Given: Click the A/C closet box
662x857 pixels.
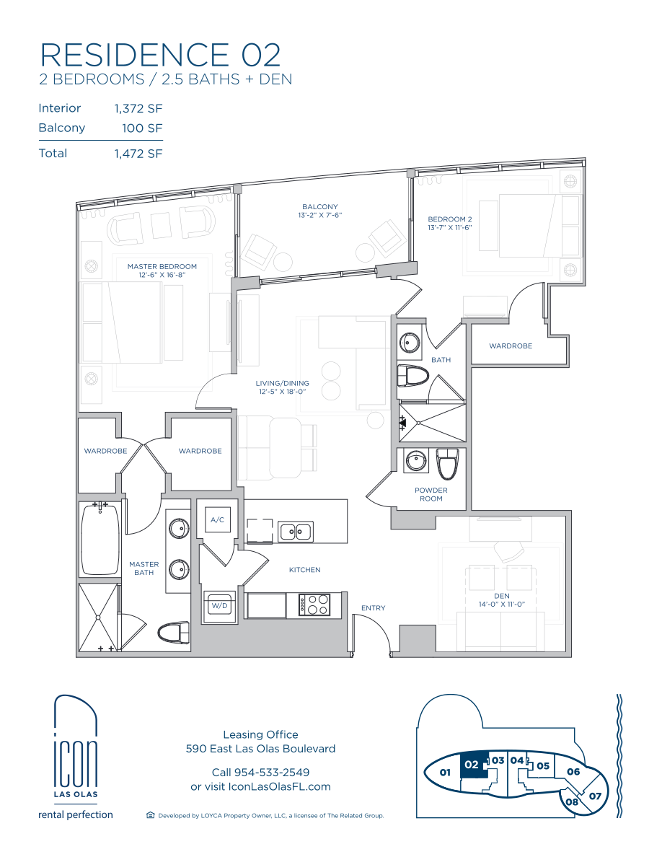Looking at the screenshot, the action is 217,520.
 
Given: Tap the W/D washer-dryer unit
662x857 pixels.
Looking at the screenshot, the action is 219,606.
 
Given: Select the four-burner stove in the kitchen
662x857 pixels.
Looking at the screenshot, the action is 314,605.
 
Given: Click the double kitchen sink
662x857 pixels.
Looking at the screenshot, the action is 296,531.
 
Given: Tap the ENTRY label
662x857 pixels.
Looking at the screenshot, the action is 373,608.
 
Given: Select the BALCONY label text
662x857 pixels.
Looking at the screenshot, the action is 320,206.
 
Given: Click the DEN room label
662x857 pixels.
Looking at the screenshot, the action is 501,596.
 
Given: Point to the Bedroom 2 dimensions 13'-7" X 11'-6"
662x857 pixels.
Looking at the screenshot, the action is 449,227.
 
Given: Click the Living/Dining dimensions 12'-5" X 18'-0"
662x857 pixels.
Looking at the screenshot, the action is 282,391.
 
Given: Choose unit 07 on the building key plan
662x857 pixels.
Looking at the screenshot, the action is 595,796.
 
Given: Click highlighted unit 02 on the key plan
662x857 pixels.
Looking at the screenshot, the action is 472,765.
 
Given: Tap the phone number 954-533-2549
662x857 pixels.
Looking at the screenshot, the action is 271,773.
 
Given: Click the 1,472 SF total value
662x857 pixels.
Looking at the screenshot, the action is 138,154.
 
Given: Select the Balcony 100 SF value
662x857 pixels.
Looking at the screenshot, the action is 142,128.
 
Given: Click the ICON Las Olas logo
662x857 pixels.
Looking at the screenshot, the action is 76,757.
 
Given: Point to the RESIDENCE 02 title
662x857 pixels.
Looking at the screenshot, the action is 161,55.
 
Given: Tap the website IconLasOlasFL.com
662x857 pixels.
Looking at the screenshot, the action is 279,786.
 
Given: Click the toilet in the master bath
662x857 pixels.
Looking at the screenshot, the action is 173,633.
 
